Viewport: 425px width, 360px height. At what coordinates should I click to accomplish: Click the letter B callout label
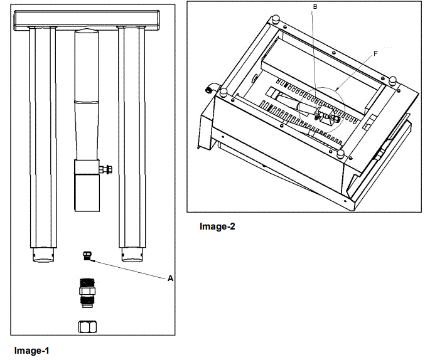click(x=315, y=6)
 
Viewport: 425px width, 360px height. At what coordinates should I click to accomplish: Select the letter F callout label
click(x=375, y=54)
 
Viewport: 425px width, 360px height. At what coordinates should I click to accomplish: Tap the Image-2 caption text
click(x=217, y=226)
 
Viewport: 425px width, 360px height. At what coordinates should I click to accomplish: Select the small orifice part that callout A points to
click(x=87, y=254)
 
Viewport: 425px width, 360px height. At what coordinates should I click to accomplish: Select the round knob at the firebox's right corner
click(x=392, y=80)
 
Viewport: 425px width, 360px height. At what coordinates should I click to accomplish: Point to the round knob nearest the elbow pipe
click(x=222, y=93)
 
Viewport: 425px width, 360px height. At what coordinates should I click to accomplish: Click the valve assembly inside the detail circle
click(x=328, y=114)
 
